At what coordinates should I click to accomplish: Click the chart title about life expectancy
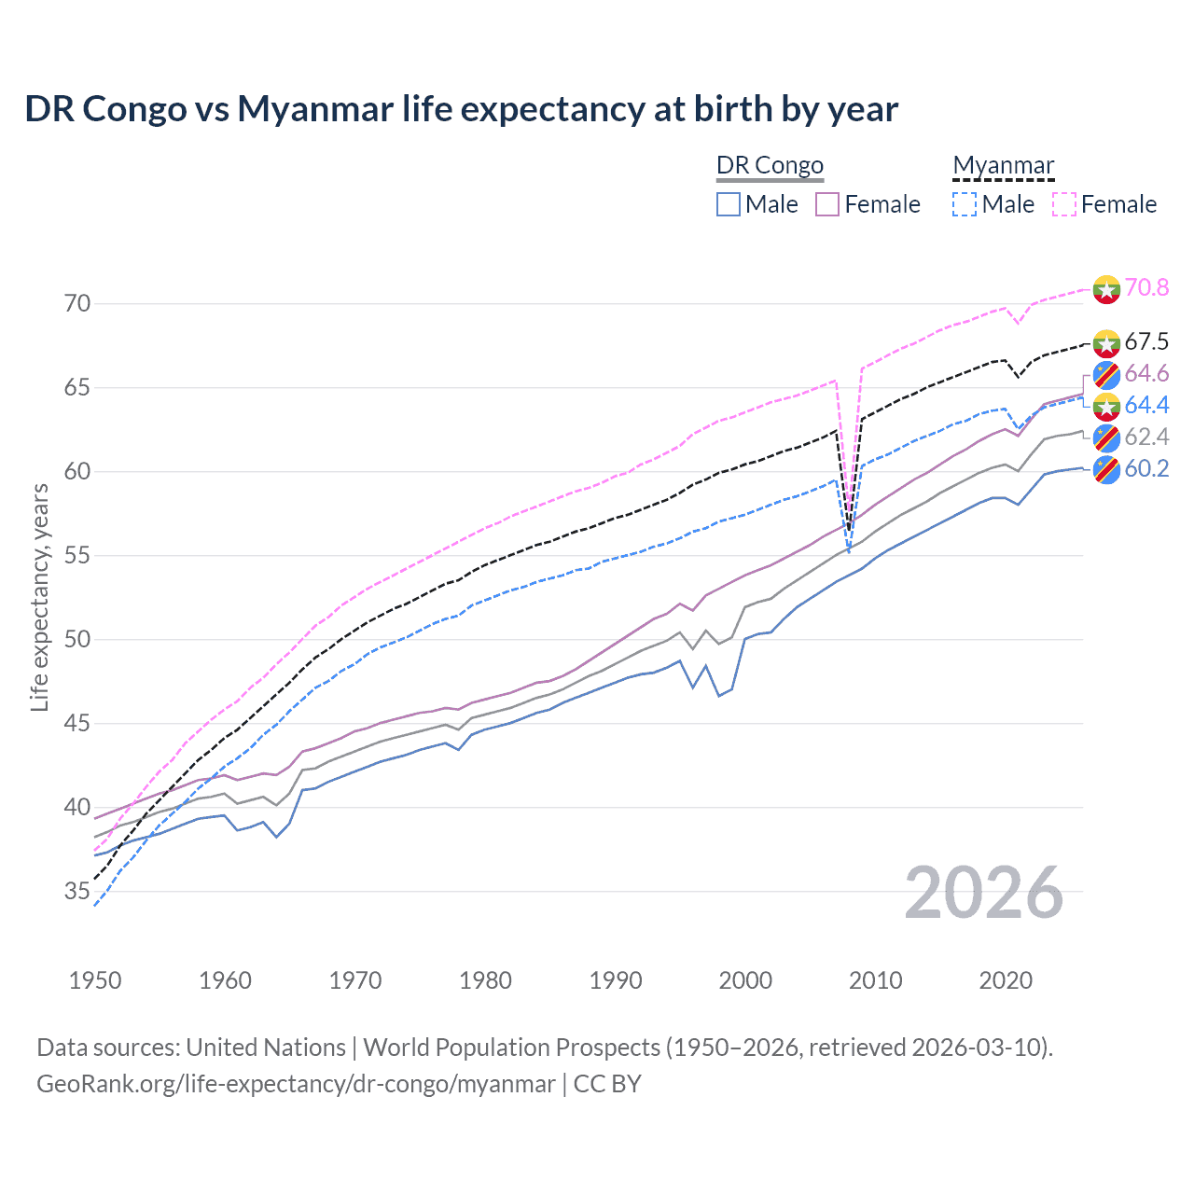tap(461, 109)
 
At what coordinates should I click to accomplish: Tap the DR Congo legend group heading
tap(770, 165)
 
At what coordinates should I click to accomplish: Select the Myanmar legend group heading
tap(1003, 165)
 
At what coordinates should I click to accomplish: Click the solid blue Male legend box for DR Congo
tap(729, 204)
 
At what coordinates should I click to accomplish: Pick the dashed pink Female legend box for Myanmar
tap(1064, 204)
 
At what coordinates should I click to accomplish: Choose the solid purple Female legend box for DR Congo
tap(827, 204)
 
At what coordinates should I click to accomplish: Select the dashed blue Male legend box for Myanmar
tap(965, 204)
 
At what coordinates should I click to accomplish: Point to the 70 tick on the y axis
tap(77, 304)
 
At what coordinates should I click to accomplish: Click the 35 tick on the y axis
tap(77, 892)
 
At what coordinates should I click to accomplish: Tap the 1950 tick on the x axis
tap(95, 980)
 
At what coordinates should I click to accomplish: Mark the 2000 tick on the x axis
tap(745, 980)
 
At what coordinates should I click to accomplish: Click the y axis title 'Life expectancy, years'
tap(39, 597)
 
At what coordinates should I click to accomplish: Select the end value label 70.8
tap(1146, 287)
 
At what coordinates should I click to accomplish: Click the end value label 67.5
tap(1146, 341)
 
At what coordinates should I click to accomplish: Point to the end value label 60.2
tap(1146, 468)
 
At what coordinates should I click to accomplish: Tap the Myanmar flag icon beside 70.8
tap(1106, 289)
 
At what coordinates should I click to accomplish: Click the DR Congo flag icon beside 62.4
tap(1106, 437)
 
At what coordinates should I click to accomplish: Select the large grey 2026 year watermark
tap(984, 893)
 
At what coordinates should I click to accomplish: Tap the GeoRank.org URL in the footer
tap(296, 1084)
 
